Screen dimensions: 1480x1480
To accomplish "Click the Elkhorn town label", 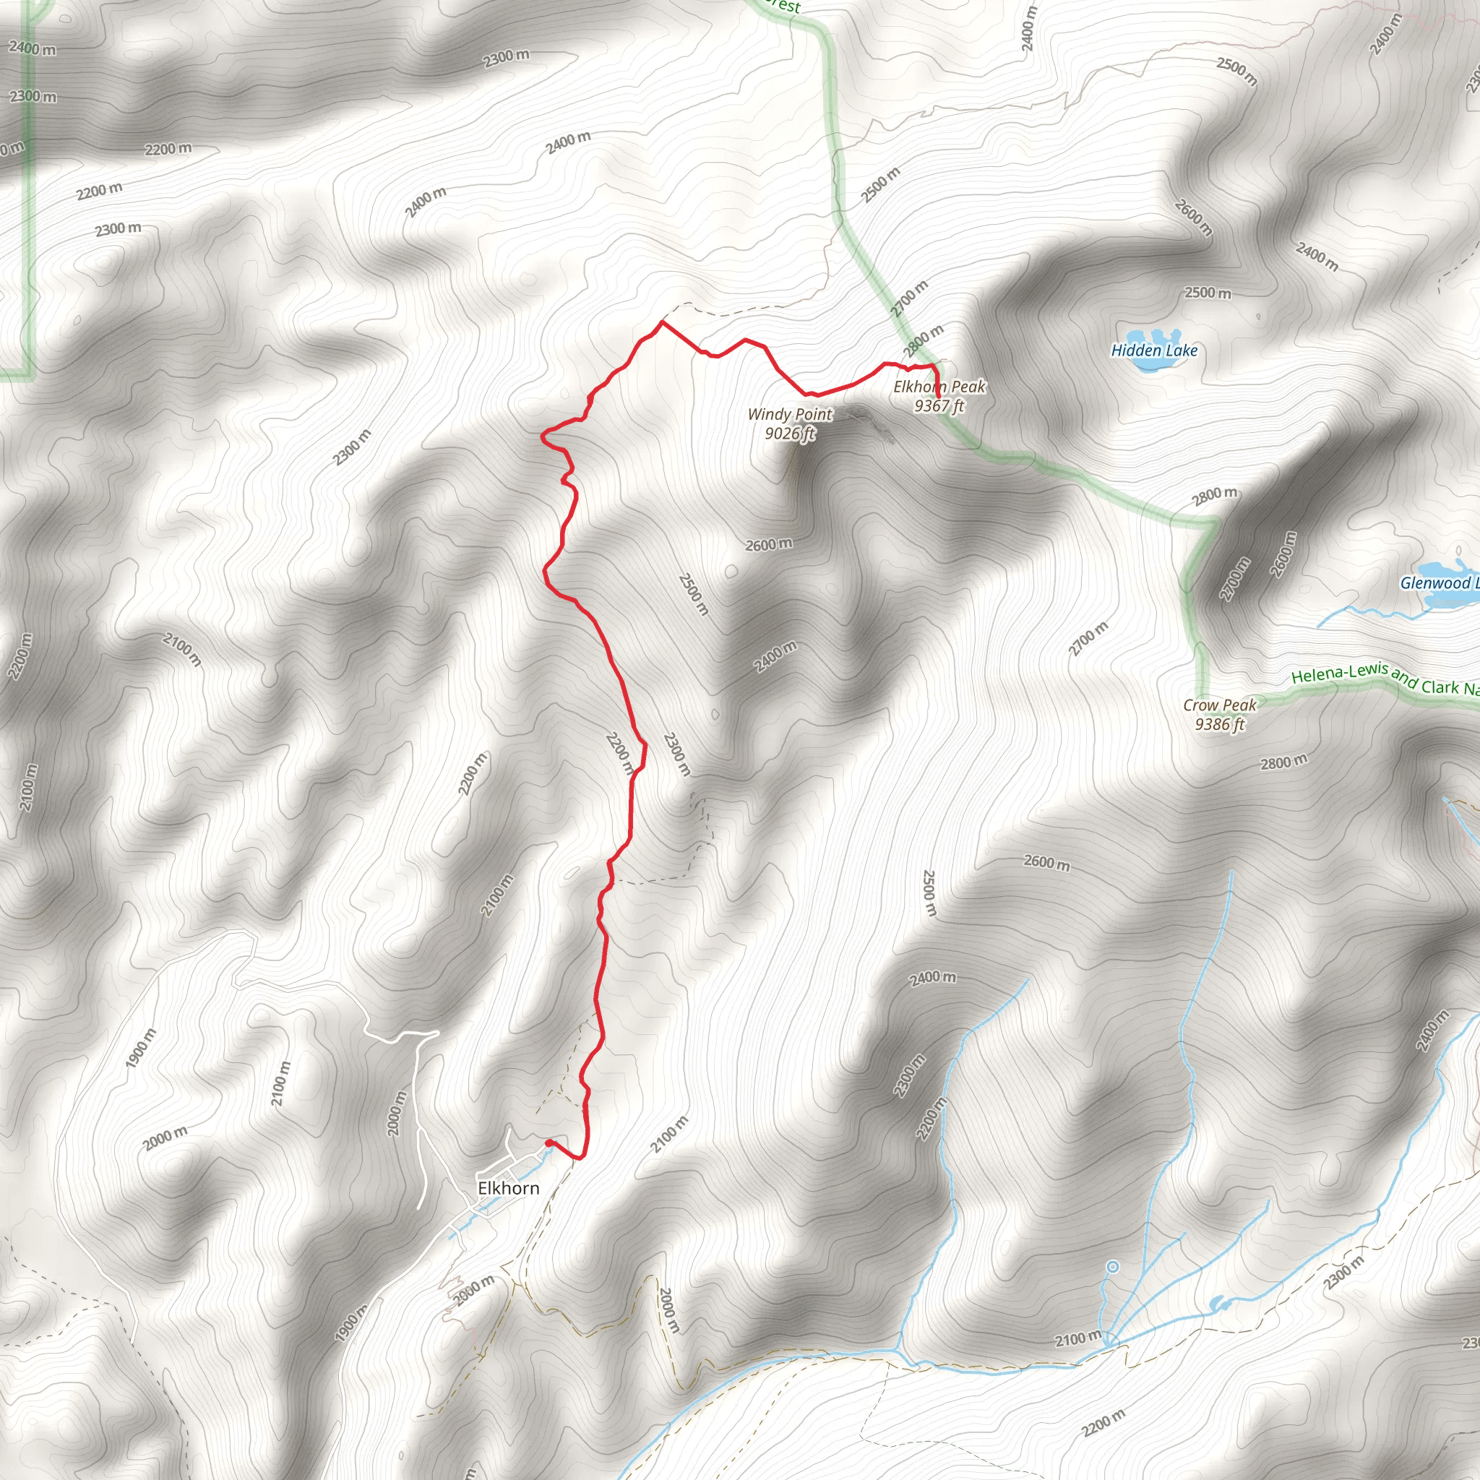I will pyautogui.click(x=508, y=1188).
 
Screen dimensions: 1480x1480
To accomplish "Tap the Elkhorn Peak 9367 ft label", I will pyautogui.click(x=939, y=396).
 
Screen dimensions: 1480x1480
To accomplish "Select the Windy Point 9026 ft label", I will pyautogui.click(x=790, y=423).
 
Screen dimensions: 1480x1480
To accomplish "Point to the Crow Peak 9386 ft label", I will pyautogui.click(x=1220, y=714).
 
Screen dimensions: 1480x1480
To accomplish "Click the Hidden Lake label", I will pyautogui.click(x=1153, y=350).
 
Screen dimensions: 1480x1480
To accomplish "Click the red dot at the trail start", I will pyautogui.click(x=548, y=1143).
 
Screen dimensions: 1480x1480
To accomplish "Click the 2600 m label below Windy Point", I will pyautogui.click(x=768, y=545).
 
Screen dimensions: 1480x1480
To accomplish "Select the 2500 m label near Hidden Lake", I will pyautogui.click(x=1207, y=293).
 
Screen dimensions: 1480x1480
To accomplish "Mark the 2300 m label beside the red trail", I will pyautogui.click(x=676, y=754).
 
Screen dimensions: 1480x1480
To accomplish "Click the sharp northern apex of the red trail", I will pyautogui.click(x=661, y=322).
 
